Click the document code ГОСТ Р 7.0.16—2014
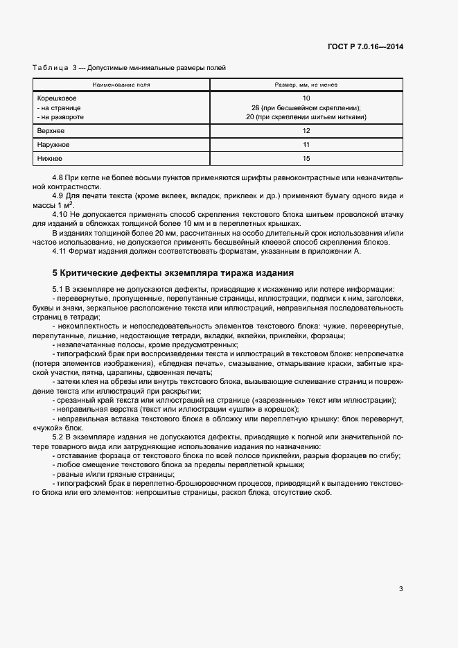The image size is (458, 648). [x=365, y=46]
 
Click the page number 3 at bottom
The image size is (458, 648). [x=401, y=589]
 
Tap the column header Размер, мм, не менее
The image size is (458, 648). [x=306, y=85]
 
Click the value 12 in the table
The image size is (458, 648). [x=306, y=130]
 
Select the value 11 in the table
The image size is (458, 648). [x=306, y=145]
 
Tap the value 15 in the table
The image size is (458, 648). [x=306, y=159]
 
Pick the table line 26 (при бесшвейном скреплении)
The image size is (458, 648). [x=306, y=107]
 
